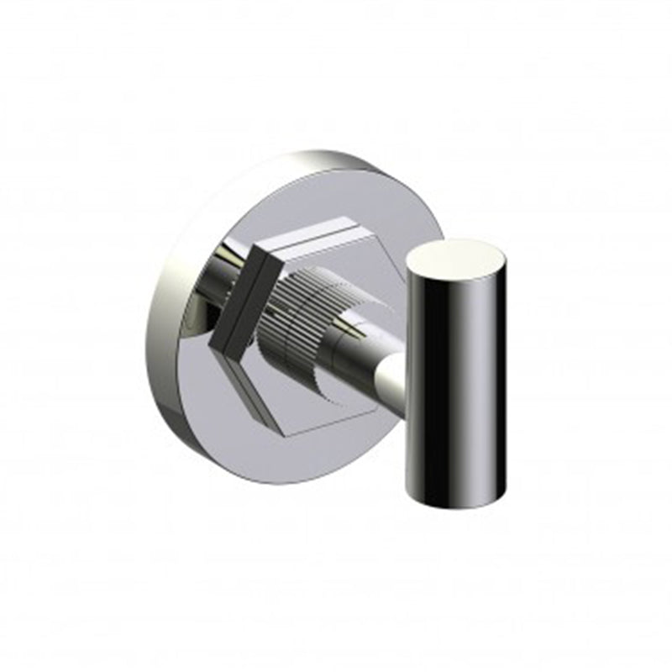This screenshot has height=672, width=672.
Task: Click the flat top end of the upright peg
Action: tap(457, 255)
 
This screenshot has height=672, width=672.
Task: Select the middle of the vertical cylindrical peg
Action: tap(457, 378)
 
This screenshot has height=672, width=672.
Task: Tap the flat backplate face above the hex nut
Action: tap(336, 202)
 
